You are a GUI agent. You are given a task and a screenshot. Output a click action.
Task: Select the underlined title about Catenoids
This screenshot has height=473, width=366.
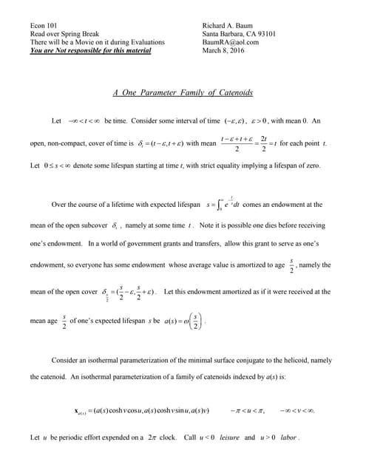click(x=183, y=93)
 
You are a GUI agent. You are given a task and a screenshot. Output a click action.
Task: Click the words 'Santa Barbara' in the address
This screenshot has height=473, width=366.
click(x=223, y=33)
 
